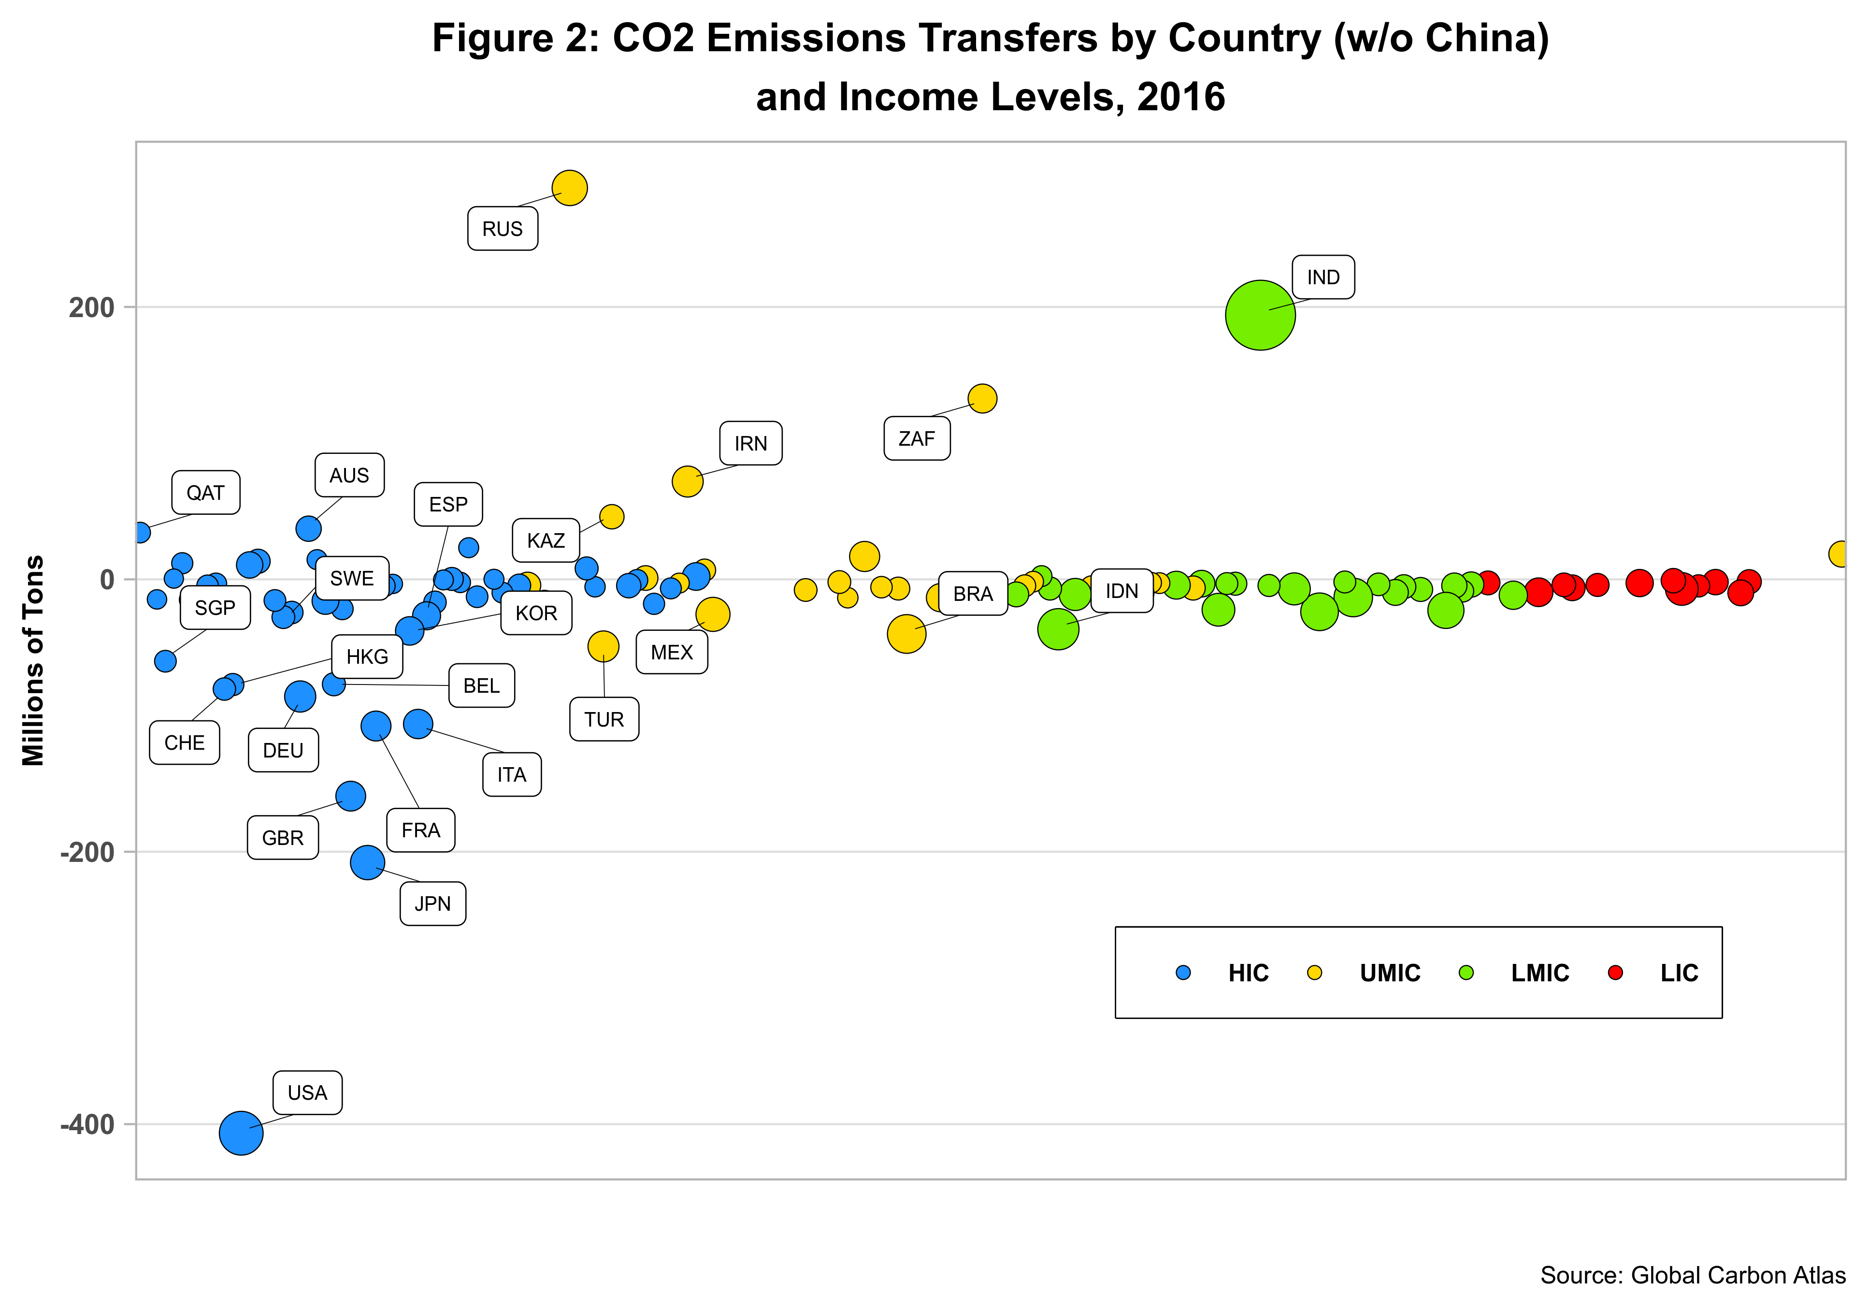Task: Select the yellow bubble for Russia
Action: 569,188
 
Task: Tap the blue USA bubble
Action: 241,1133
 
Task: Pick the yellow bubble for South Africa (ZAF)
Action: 982,398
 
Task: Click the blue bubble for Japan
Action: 367,862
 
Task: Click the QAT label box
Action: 205,493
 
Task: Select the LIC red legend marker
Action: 1616,972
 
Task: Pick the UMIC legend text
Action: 1390,973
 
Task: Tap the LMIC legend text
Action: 1540,973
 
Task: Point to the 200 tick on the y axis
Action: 91,308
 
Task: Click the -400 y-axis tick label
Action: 87,1124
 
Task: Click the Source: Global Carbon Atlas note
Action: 1692,1275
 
